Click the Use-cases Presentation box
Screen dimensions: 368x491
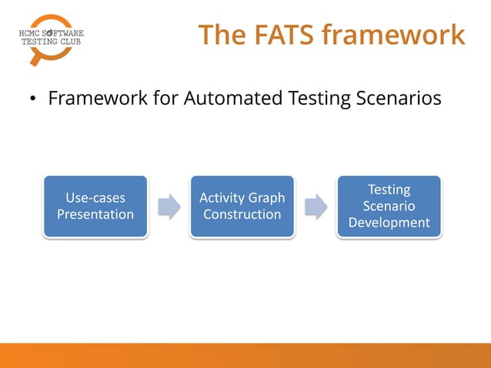tap(95, 206)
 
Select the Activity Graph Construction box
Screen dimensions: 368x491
tap(242, 206)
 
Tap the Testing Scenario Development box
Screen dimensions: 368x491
tap(389, 206)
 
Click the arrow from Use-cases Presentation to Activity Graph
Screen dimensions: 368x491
tap(169, 206)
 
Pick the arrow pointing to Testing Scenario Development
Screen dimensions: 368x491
tap(316, 206)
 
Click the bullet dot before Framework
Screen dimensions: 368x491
tap(33, 100)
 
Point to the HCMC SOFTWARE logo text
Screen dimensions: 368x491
tap(51, 33)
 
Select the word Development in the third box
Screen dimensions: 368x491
tap(389, 222)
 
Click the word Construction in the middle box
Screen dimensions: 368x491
tap(242, 214)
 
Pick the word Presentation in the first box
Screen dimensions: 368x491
tap(95, 214)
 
